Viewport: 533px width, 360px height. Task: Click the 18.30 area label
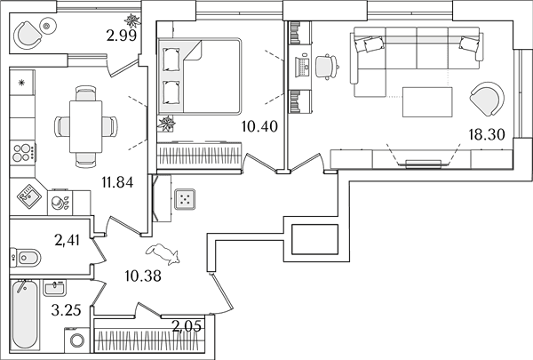487,135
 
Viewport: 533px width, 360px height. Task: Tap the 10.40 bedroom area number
259,126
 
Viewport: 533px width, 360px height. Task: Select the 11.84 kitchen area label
117,183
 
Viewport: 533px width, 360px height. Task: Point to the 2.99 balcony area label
122,36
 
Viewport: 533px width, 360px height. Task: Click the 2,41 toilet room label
67,240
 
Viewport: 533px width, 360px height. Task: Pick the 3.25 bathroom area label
67,310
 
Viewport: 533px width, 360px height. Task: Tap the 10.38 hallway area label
143,276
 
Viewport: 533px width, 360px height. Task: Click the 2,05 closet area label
187,326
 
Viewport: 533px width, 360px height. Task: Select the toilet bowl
26,258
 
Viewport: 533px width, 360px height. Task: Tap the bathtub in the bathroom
25,314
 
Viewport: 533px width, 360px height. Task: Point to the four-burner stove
23,153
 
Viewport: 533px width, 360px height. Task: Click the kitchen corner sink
29,196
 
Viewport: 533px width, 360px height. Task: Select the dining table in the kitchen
85,126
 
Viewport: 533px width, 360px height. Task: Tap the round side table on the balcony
47,26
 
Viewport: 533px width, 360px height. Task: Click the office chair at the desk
327,67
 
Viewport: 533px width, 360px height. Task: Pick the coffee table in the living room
427,102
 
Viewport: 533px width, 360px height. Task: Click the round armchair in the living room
487,99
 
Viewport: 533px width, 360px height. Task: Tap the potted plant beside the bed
167,124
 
